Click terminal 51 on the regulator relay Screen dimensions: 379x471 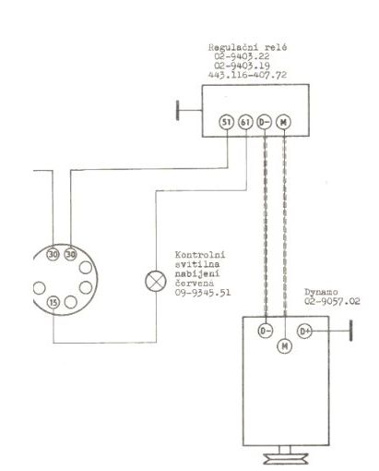pyautogui.click(x=227, y=122)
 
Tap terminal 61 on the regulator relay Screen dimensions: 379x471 pyautogui.click(x=245, y=122)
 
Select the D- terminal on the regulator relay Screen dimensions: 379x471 pyautogui.click(x=265, y=122)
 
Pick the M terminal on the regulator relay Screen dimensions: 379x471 pyautogui.click(x=283, y=122)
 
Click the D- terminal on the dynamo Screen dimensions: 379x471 pyautogui.click(x=265, y=331)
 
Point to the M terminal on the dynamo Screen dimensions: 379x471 pyautogui.click(x=285, y=346)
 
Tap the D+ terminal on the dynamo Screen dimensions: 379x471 pyautogui.click(x=304, y=332)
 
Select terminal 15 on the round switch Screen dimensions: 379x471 pyautogui.click(x=53, y=303)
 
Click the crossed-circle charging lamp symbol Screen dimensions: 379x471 pyautogui.click(x=156, y=281)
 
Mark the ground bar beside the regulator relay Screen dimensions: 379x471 pyautogui.click(x=178, y=110)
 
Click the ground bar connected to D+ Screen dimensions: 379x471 pyautogui.click(x=350, y=331)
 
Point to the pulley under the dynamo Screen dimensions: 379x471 pyautogui.click(x=286, y=458)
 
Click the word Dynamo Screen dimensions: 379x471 pyautogui.click(x=321, y=292)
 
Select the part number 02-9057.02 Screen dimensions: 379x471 pyautogui.click(x=332, y=301)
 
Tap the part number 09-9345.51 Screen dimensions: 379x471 pyautogui.click(x=203, y=292)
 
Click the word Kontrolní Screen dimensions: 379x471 pyautogui.click(x=200, y=255)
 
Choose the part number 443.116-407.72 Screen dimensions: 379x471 pyautogui.click(x=247, y=75)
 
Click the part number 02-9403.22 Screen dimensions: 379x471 pyautogui.click(x=242, y=56)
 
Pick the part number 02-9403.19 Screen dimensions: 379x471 pyautogui.click(x=242, y=66)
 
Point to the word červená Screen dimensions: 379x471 pyautogui.click(x=195, y=283)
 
